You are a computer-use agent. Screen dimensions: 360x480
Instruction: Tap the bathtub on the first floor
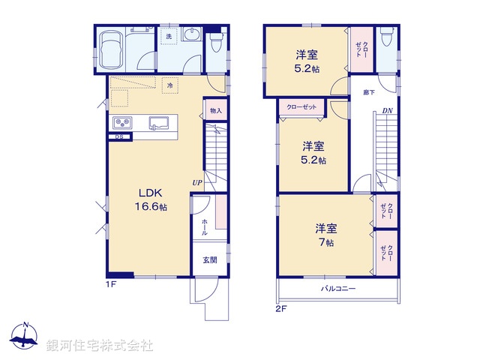pos(111,49)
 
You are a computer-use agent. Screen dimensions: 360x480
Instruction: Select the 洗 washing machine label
pos(169,36)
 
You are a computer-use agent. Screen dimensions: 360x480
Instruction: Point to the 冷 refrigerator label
pos(171,86)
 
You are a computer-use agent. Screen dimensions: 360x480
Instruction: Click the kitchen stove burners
pos(122,123)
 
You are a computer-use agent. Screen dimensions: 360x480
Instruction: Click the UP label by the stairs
pos(197,182)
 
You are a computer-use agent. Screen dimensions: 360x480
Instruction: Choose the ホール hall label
pos(205,226)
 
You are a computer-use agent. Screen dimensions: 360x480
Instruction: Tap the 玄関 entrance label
pos(210,259)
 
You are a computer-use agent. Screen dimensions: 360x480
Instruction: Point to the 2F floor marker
pos(281,307)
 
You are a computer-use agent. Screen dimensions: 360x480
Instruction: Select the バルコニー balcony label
pos(338,289)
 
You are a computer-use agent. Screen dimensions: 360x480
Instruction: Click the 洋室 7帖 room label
pos(325,234)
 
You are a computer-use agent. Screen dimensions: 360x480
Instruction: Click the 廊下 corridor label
pos(369,92)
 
